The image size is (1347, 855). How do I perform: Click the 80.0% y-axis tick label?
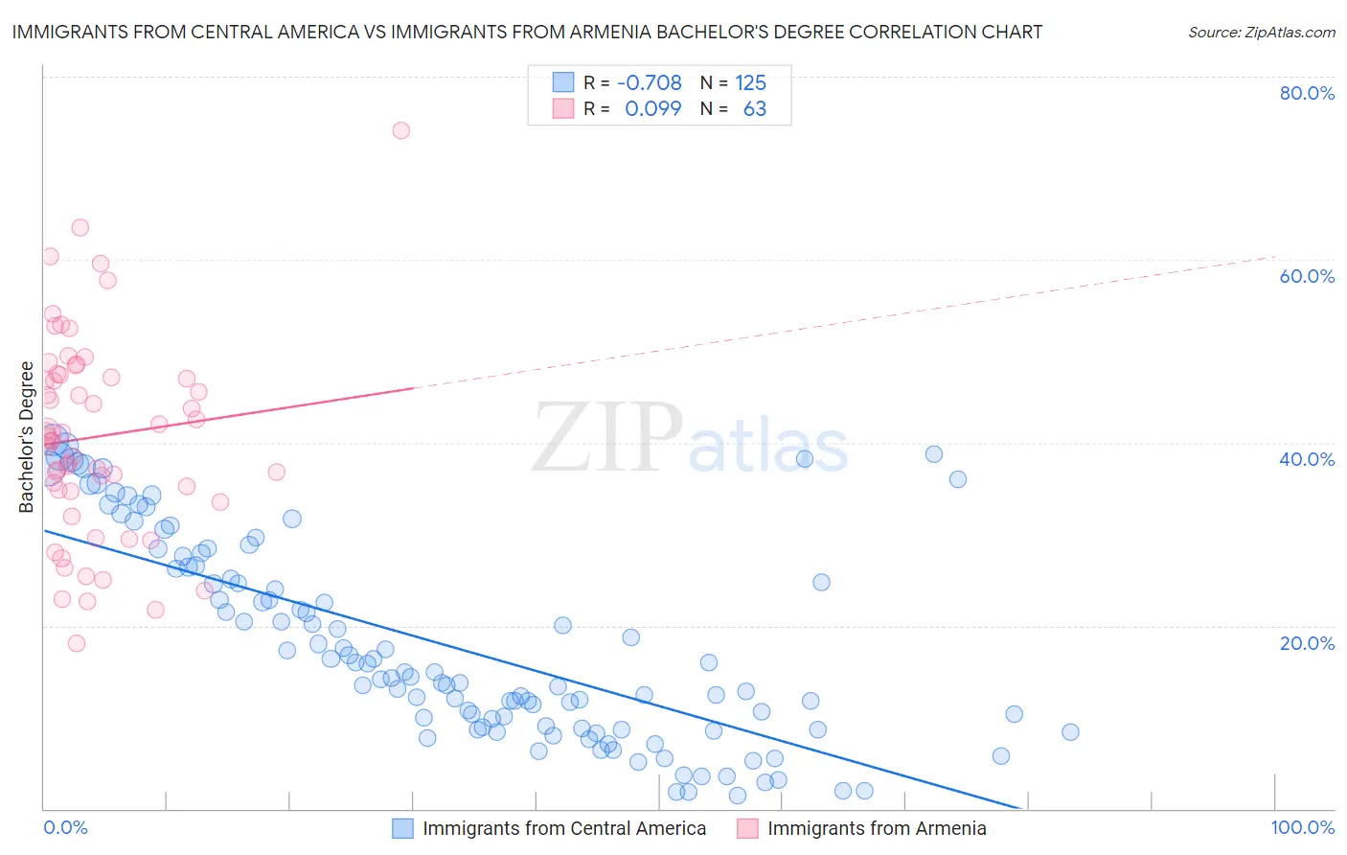pos(1307,93)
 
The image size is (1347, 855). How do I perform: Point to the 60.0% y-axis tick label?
pos(1307,276)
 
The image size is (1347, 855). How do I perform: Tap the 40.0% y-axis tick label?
pos(1307,459)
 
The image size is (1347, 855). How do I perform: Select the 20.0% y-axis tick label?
pos(1307,642)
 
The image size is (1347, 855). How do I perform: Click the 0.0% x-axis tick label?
pos(65,827)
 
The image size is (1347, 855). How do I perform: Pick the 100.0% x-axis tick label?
pos(1303,827)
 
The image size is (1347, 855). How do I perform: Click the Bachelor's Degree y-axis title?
pos(27,436)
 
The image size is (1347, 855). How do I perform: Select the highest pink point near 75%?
pos(401,130)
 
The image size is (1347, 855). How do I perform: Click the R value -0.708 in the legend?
pos(650,82)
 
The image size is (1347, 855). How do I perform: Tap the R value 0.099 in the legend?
pos(652,108)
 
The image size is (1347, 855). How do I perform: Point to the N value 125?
pos(750,82)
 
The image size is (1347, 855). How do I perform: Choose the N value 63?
pos(755,108)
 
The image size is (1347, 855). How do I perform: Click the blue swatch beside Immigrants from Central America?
pos(402,828)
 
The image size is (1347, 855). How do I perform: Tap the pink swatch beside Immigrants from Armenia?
pos(747,828)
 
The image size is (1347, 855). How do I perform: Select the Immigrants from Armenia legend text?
pos(877,828)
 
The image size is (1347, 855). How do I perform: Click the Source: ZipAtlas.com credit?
pos(1261,32)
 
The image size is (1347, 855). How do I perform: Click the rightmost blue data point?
pos(1070,731)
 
